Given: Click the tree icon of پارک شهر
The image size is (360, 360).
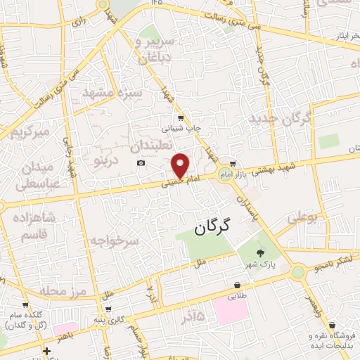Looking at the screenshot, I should coord(262,254).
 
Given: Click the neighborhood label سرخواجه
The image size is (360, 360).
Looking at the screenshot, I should coord(115,240).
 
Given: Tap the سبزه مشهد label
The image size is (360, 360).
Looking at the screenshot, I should coord(112,93).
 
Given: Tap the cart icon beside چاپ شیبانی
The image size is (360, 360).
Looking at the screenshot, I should coord(181,117).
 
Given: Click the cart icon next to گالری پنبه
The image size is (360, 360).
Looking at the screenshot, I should coord(108,309).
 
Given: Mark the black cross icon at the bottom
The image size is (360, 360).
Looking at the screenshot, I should coord(46,350).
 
